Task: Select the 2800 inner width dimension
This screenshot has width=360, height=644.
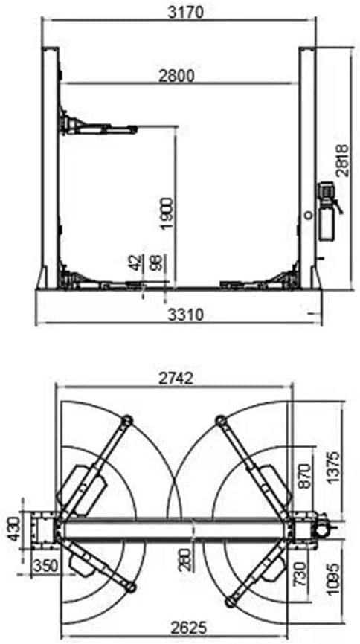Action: [176, 75]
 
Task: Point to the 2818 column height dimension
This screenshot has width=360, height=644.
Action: [341, 160]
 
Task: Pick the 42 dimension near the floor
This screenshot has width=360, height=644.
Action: [135, 263]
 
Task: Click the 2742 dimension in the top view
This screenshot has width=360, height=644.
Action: [176, 378]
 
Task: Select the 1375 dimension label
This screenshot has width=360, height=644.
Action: [334, 466]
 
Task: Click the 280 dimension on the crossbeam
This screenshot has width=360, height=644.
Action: [184, 557]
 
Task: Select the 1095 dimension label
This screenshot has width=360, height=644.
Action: [334, 574]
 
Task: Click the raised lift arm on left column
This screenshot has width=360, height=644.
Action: [100, 127]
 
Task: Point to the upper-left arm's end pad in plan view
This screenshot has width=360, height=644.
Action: [125, 422]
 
